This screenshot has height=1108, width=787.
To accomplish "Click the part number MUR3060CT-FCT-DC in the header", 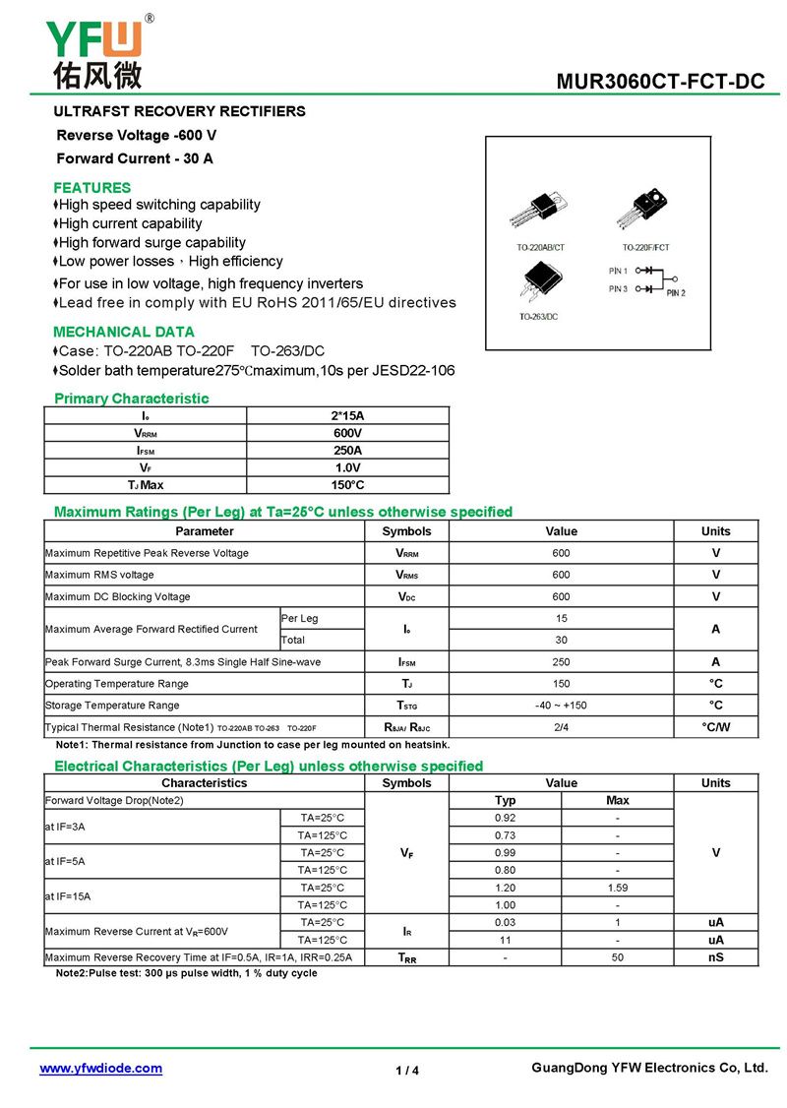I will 660,82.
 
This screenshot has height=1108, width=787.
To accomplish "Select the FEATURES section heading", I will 91,187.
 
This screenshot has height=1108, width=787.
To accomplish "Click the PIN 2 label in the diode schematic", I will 675,292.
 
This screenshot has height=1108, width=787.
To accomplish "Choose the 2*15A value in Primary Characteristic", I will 347,415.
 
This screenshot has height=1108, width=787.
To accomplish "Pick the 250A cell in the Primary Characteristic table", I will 347,451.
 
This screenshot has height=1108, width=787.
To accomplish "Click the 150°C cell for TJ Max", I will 347,485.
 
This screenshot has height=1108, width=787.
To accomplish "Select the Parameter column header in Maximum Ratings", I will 205,531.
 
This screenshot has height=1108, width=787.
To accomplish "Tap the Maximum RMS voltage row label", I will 99,575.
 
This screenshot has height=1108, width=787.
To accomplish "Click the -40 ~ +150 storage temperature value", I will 561,706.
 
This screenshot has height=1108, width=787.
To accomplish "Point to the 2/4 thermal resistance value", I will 561,728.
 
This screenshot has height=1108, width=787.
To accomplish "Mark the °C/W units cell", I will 715,728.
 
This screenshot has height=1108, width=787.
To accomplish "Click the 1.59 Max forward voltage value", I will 617,888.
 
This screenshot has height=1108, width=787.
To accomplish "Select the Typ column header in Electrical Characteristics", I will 506,800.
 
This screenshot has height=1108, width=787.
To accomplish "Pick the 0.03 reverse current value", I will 506,922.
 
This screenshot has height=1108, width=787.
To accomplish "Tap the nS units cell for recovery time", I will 715,956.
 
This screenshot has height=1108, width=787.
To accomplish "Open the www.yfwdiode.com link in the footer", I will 100,1068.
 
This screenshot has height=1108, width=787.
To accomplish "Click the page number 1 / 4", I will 407,1071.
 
